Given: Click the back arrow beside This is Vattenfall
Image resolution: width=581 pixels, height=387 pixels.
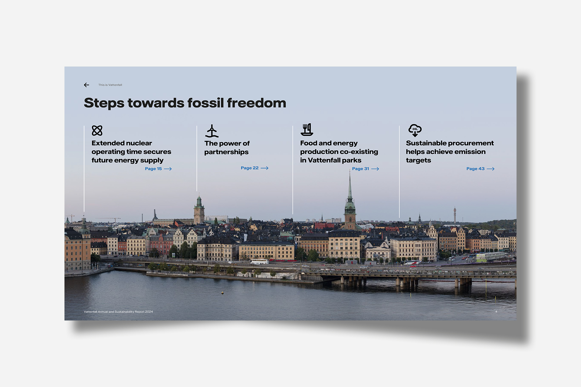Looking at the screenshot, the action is click(x=87, y=85).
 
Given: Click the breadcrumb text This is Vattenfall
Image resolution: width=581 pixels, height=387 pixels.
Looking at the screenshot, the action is click(x=110, y=85).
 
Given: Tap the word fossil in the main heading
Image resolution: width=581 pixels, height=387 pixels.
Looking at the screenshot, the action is click(x=205, y=103).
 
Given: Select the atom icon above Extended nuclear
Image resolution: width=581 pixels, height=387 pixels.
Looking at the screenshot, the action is click(x=97, y=131).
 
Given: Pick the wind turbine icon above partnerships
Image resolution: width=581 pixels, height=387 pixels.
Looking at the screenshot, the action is click(x=212, y=131).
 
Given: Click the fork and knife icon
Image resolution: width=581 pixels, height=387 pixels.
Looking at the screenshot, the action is click(x=307, y=130).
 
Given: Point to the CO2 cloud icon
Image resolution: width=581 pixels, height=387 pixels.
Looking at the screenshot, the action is click(x=415, y=130).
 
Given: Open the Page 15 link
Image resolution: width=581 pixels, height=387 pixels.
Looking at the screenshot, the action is click(x=158, y=169).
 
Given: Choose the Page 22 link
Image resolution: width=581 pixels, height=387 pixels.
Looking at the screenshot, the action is click(x=254, y=168).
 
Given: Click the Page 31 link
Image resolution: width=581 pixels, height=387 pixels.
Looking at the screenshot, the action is click(x=366, y=169).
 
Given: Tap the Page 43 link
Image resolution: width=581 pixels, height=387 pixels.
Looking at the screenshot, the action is click(x=480, y=169).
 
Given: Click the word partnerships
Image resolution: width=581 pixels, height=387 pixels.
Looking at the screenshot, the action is click(x=226, y=152).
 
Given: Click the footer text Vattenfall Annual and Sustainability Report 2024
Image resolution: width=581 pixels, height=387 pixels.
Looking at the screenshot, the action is click(x=118, y=312).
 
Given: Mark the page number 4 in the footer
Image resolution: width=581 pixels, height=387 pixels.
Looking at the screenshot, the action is click(x=496, y=311).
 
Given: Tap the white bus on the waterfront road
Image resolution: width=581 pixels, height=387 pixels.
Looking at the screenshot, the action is click(x=259, y=262).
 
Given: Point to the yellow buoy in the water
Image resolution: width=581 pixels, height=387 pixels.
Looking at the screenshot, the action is click(x=222, y=292).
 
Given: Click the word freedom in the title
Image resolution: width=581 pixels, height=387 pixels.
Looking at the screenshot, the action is click(x=256, y=103).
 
